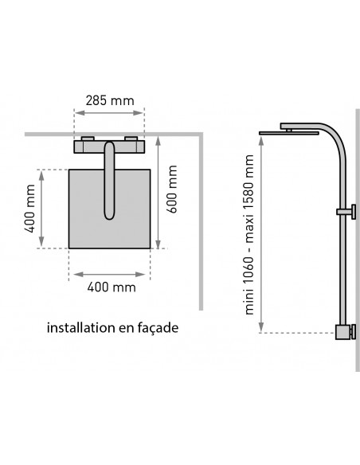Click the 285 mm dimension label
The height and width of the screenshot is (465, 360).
(110, 100)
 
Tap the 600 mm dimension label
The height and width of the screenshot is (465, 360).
(172, 190)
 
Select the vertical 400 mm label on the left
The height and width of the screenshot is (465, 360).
(29, 209)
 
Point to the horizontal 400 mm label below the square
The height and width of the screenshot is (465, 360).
(112, 287)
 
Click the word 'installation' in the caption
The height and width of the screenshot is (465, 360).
(80, 328)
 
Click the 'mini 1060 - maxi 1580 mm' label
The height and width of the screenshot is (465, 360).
(248, 235)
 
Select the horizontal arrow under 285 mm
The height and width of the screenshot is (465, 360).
(109, 113)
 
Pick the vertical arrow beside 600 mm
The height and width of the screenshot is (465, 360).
(158, 192)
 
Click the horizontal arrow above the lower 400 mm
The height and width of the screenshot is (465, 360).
(109, 275)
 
